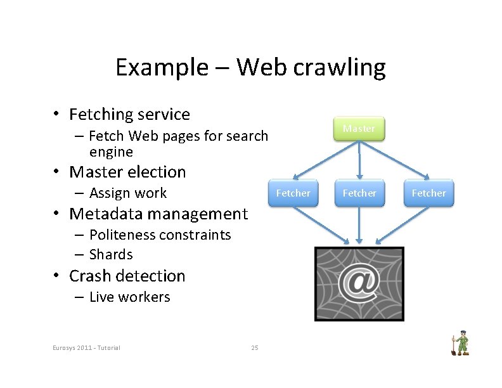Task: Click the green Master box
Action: click(359, 128)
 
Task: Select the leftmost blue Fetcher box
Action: click(293, 193)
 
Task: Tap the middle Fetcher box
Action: click(359, 193)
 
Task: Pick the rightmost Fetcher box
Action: click(429, 193)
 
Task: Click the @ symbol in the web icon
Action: click(359, 283)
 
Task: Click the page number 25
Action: click(255, 347)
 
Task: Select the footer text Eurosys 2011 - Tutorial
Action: click(87, 347)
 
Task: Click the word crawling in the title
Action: click(342, 67)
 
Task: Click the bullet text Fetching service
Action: click(129, 114)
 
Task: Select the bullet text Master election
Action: click(127, 172)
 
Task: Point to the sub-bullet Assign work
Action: click(127, 193)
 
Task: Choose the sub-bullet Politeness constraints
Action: click(160, 235)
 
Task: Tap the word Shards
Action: click(111, 254)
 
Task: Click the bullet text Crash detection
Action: click(127, 276)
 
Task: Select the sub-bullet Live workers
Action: click(129, 297)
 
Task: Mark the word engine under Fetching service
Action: click(111, 152)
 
